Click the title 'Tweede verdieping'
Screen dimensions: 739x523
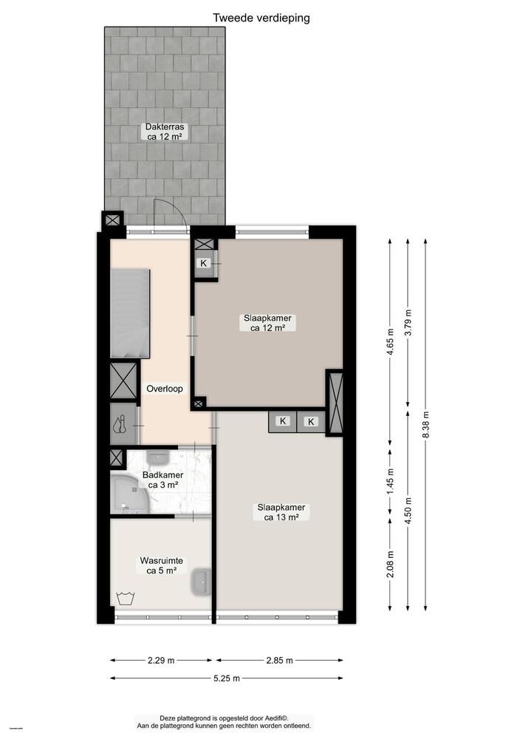[261, 18]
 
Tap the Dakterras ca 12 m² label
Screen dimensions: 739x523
[165, 132]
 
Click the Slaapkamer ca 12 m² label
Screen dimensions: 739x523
[267, 323]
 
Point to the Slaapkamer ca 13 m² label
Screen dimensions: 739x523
[281, 512]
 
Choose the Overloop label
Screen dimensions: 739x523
[164, 389]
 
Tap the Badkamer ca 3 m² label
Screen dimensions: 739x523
[163, 480]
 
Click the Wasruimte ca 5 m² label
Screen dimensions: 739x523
[161, 565]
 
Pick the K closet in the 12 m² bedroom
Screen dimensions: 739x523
[205, 263]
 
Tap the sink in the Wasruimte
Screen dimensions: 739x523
[200, 582]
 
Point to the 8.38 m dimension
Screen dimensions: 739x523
[425, 425]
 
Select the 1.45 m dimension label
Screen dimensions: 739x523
[390, 482]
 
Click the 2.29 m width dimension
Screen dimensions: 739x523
[162, 661]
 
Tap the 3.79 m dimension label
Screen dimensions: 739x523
[407, 321]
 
